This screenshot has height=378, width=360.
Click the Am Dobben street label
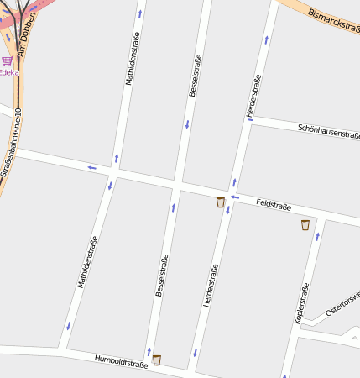pos(26,34)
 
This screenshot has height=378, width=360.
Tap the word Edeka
pos(8,72)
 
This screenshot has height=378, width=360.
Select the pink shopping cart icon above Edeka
pos(7,60)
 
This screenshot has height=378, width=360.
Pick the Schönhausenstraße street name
pos(329,130)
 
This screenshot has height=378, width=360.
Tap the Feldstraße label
pos(274,204)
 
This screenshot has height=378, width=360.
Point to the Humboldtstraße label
pos(121,360)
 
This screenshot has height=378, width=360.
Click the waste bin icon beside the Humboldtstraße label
pos(156,360)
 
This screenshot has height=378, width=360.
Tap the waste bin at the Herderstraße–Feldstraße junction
pos(221,202)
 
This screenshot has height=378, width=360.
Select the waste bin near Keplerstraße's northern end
pos(305,224)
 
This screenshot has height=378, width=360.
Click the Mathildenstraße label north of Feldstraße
pos(130,59)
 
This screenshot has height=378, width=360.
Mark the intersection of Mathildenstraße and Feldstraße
pos(116,171)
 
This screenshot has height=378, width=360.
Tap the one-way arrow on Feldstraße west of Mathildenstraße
pos(91,167)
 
